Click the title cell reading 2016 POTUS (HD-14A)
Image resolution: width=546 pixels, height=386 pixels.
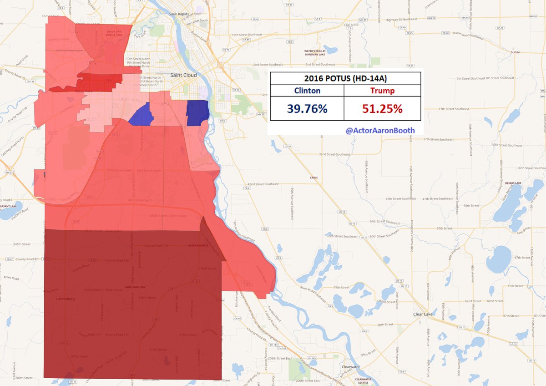pos(345,78)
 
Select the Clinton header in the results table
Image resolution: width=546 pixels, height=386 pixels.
pos(307,91)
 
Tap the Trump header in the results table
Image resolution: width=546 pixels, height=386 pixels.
pos(382,91)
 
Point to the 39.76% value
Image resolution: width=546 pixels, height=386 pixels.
pos(307,109)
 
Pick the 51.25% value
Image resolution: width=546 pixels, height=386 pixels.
pos(382,109)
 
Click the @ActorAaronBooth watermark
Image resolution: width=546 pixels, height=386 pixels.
pos(380,130)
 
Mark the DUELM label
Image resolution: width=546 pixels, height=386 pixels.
pos(515,52)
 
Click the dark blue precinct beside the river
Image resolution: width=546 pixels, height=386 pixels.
pos(197,112)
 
